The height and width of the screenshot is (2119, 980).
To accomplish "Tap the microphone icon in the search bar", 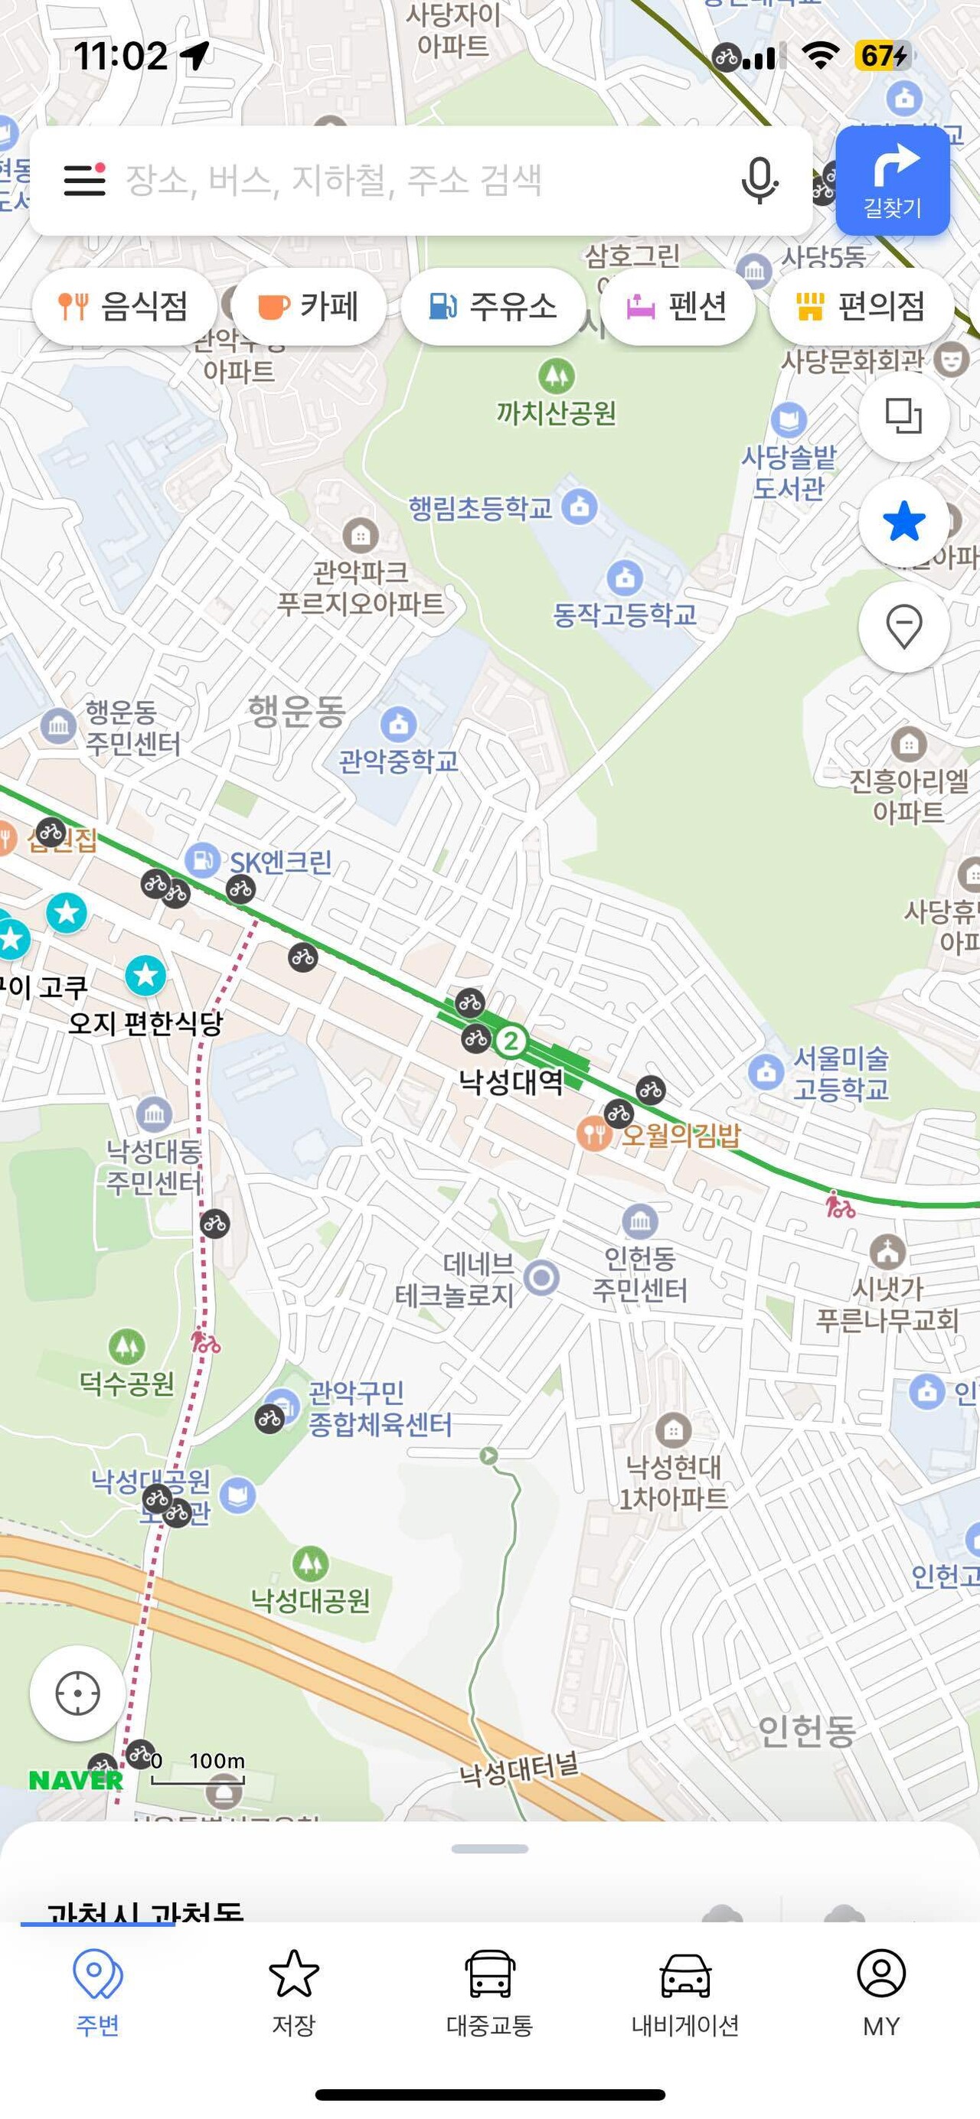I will click(759, 180).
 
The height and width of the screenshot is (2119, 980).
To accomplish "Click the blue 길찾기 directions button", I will click(892, 181).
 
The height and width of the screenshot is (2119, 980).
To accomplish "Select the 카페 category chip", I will click(309, 306).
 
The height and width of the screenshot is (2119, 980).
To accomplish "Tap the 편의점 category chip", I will click(861, 306).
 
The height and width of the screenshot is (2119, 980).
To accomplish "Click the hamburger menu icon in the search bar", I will click(85, 179).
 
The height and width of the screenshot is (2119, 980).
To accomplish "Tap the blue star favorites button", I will click(903, 522).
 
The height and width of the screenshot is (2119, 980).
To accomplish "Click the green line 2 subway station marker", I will click(510, 1041).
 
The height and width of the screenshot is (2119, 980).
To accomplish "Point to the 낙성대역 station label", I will click(510, 1081).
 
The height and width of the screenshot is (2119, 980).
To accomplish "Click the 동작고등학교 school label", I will click(625, 614).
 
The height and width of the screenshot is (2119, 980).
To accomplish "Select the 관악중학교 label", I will click(399, 760).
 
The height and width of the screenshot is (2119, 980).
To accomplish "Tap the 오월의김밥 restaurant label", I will click(681, 1135).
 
